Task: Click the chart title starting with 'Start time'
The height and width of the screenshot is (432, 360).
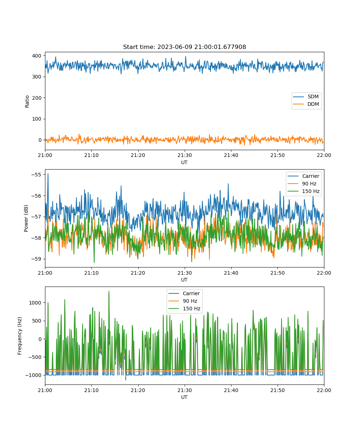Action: pyautogui.click(x=184, y=47)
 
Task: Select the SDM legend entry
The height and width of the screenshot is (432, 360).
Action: pyautogui.click(x=306, y=96)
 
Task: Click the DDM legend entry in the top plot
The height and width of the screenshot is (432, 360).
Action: pyautogui.click(x=306, y=104)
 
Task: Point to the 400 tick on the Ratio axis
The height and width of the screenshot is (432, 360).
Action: pyautogui.click(x=37, y=56)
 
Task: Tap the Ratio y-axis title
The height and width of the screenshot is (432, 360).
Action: pyautogui.click(x=27, y=102)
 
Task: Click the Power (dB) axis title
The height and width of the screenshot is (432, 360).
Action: pyautogui.click(x=26, y=218)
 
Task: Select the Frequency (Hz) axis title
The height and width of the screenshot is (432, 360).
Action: pyautogui.click(x=19, y=336)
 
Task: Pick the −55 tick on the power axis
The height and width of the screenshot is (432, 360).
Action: pyautogui.click(x=36, y=175)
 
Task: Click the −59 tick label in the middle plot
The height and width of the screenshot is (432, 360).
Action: pyautogui.click(x=36, y=259)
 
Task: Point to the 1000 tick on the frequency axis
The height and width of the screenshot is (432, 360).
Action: pyautogui.click(x=35, y=303)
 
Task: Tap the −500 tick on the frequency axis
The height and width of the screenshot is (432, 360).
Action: pyautogui.click(x=33, y=357)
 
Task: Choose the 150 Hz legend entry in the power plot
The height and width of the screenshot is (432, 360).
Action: pyautogui.click(x=303, y=191)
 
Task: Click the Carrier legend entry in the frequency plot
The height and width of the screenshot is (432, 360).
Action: pyautogui.click(x=184, y=293)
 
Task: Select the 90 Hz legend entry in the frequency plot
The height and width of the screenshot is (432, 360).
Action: pyautogui.click(x=183, y=301)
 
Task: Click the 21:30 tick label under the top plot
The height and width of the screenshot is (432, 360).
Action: pyautogui.click(x=185, y=155)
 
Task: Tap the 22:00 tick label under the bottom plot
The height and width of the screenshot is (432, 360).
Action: pyautogui.click(x=324, y=390)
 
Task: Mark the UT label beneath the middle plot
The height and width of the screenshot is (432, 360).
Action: pyautogui.click(x=184, y=280)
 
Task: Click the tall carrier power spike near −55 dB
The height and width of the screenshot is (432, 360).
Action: pyautogui.click(x=48, y=174)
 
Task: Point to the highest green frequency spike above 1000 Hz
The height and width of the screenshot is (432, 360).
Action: pyautogui.click(x=109, y=292)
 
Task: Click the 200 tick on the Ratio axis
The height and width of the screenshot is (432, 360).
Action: pyautogui.click(x=37, y=98)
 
